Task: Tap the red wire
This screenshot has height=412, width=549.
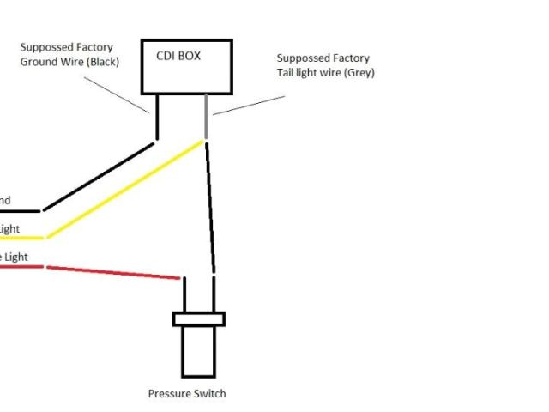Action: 112,271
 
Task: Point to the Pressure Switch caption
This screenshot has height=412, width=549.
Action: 187,394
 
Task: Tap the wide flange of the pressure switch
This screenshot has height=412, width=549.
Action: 199,318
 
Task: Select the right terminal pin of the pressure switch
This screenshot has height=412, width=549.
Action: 213,295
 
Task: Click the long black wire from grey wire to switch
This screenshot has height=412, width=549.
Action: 209,206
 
